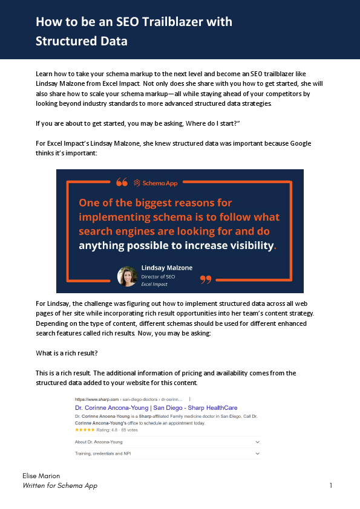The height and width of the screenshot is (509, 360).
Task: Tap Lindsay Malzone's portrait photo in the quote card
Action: tap(128, 276)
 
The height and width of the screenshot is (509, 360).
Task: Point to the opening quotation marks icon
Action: tap(122, 182)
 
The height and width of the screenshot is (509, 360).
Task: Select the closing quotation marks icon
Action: tap(206, 279)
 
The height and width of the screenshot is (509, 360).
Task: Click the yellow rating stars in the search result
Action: tap(84, 430)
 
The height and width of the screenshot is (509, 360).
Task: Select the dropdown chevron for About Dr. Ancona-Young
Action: tap(258, 442)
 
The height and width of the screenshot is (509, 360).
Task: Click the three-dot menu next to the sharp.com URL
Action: tap(191, 400)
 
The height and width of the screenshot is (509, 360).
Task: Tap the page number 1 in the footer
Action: tap(331, 485)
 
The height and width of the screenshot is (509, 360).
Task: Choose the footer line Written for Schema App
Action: tap(59, 486)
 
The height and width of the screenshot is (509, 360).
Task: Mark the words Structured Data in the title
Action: tap(82, 42)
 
